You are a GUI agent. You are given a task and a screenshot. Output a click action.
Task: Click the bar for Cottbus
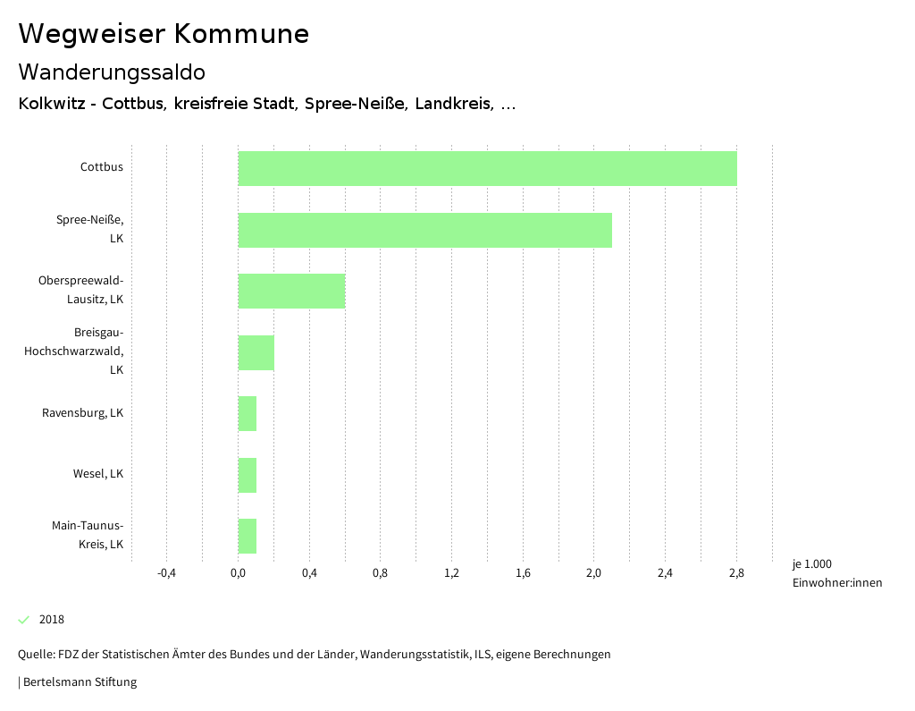pos(487,168)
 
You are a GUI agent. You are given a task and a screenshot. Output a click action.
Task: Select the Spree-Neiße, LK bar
pos(424,230)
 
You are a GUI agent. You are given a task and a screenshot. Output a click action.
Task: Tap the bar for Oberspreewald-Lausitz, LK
pos(291,291)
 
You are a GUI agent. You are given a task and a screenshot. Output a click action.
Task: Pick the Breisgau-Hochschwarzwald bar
pos(256,352)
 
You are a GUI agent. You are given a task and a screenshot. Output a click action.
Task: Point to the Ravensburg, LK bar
pos(248,413)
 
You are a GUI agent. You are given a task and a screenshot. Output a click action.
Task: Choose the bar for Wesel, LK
pos(248,475)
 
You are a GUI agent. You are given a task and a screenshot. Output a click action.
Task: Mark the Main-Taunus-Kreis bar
pos(248,536)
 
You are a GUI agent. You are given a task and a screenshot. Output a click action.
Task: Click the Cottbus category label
pos(102,167)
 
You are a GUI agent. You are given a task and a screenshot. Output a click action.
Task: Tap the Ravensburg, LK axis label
pos(83,413)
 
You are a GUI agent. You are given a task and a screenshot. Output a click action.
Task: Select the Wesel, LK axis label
pos(98,474)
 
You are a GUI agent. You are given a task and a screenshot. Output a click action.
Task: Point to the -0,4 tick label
pos(166,573)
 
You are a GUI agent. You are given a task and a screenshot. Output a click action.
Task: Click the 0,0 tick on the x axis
pos(238,573)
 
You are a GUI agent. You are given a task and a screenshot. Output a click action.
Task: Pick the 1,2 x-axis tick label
pos(451,573)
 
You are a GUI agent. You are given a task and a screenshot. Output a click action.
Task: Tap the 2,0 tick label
pos(594,573)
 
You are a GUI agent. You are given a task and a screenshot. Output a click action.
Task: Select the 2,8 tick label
pos(736,573)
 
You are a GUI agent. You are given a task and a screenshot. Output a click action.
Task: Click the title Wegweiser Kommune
pos(164,34)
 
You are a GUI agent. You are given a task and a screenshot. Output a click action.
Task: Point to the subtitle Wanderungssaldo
pos(112,72)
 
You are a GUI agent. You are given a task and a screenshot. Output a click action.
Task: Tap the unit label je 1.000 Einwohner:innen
pos(836,573)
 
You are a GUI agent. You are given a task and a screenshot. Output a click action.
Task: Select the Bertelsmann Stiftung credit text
pos(79,682)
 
